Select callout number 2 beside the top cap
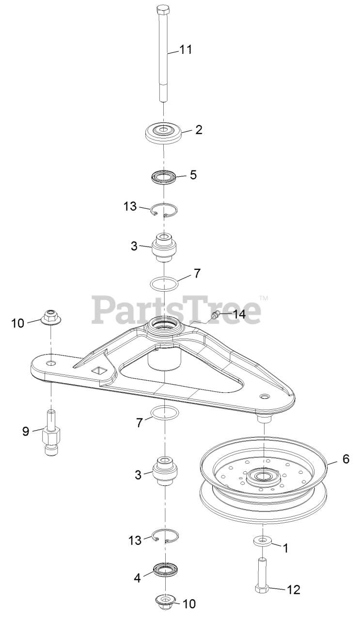[x=199, y=130]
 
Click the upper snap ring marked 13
[x=163, y=210]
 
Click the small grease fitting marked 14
[x=215, y=316]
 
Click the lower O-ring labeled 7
[x=164, y=413]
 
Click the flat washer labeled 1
[x=262, y=541]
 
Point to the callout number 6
[x=345, y=459]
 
